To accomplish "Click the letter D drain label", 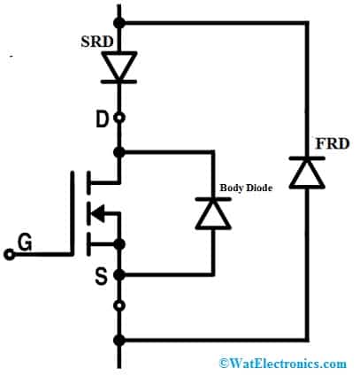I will (101, 117).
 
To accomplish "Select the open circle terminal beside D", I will (119, 118).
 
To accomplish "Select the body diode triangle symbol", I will (213, 212).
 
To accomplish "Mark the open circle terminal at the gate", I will (9, 255).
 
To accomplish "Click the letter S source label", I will (101, 277).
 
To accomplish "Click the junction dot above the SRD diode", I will (119, 21).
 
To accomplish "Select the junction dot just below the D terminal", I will (119, 151).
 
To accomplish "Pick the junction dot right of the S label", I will (119, 274).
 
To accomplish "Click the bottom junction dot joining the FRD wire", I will (119, 340).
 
